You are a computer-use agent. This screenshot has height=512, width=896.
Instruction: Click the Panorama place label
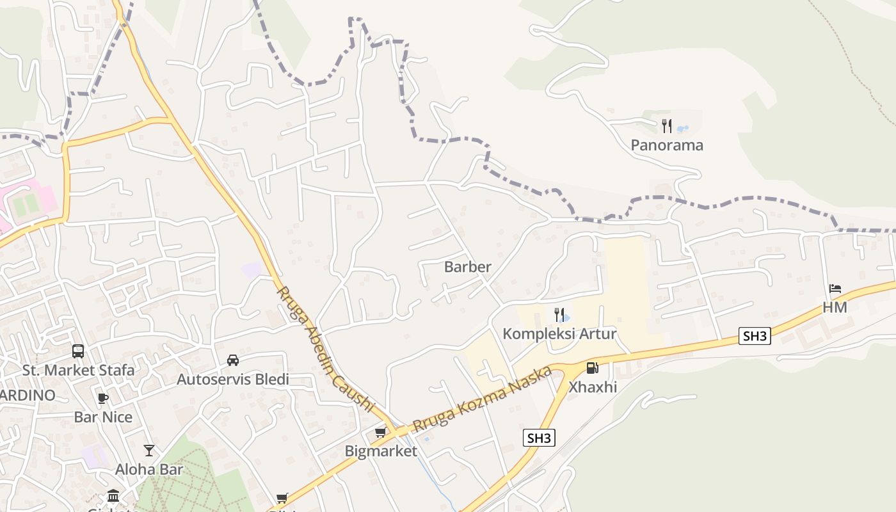667,145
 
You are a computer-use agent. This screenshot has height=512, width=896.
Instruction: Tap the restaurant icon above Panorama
667,125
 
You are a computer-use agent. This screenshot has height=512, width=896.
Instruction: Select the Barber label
468,267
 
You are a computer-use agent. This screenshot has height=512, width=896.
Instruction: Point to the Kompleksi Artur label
559,334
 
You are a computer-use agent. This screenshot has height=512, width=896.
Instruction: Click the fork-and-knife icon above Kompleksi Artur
559,314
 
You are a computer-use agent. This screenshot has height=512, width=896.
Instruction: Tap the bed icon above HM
835,289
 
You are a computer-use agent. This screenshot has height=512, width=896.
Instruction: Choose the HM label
835,308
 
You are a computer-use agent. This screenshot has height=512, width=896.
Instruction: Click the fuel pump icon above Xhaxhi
593,368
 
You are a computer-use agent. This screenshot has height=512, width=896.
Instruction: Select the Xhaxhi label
593,387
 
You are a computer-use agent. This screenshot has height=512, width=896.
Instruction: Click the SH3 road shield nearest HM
755,336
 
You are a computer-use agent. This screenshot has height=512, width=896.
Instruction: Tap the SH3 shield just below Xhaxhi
539,438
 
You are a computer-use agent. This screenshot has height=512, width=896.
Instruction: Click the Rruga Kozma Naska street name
482,400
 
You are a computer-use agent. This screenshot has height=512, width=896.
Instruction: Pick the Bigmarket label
381,451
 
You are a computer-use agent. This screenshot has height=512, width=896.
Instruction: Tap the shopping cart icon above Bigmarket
381,432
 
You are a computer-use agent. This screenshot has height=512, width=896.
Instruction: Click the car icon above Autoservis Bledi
233,360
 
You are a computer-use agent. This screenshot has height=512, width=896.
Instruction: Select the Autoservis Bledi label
233,380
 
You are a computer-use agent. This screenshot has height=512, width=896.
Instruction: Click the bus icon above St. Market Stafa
78,351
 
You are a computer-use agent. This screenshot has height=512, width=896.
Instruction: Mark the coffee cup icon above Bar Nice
103,399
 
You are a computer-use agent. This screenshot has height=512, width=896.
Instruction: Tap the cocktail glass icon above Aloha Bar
149,451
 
